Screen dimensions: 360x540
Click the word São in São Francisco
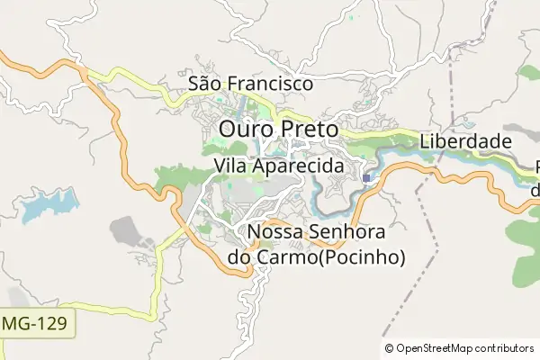[x=205, y=84]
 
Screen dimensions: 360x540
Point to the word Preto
[x=309, y=130]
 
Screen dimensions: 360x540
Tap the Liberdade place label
[x=465, y=142]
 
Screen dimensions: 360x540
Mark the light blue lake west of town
[x=45, y=210]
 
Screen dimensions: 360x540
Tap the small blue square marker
[x=366, y=178]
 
